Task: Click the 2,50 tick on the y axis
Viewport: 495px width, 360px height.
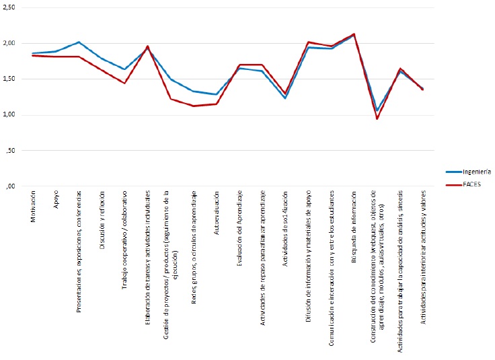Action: click(x=10, y=7)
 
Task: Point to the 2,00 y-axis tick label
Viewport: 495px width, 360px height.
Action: click(x=10, y=43)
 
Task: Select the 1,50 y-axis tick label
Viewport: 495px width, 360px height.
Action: click(x=10, y=79)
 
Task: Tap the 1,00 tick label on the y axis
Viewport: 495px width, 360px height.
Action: click(x=10, y=114)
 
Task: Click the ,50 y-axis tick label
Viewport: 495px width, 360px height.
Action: click(x=11, y=150)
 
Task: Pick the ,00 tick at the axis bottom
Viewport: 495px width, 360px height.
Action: click(x=11, y=186)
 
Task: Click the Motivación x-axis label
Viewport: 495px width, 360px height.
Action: click(x=34, y=209)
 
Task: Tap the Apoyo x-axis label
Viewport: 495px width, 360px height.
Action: click(x=56, y=202)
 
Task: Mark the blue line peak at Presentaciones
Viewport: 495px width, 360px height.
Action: click(x=79, y=42)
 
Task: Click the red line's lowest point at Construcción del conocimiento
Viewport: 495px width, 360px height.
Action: click(x=377, y=119)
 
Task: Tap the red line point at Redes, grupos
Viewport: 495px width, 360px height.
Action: click(x=194, y=106)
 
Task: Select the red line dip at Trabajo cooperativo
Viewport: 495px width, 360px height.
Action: click(x=125, y=83)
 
